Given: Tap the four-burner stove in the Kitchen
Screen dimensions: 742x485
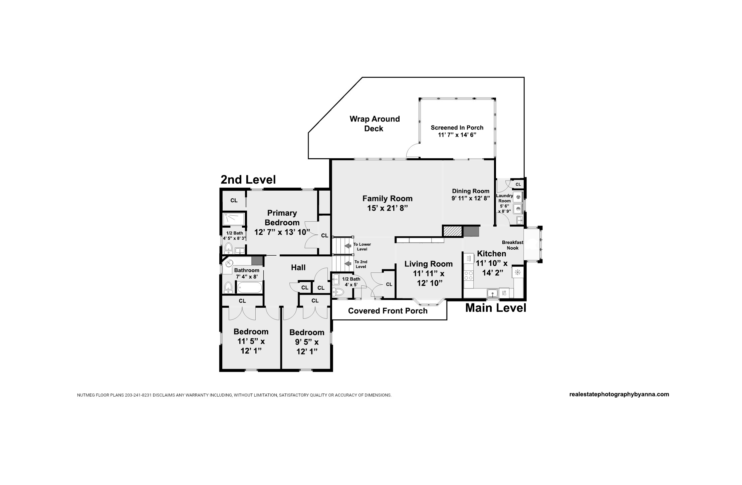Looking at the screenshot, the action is (469, 275).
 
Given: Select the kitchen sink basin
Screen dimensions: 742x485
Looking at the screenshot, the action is (492, 293).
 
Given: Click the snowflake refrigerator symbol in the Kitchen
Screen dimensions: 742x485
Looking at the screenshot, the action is (518, 272).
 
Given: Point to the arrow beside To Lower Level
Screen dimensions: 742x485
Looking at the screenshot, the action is (348, 246).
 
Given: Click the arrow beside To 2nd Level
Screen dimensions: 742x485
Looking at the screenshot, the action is (348, 264).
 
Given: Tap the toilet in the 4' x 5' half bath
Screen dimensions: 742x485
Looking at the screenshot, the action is (338, 292).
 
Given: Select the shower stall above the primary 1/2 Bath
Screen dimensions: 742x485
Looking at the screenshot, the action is (234, 219).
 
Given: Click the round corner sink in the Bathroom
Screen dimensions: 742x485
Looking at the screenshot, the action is (229, 263).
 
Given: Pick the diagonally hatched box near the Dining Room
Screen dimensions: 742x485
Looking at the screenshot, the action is (453, 231).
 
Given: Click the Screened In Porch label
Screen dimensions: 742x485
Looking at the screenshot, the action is (457, 128).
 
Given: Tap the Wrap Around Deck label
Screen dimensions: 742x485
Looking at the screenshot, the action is (375, 124).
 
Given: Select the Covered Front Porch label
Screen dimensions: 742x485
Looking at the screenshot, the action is (388, 311).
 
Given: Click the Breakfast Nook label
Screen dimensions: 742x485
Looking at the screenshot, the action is (513, 245).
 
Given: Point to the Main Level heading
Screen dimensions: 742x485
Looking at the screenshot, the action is (496, 308).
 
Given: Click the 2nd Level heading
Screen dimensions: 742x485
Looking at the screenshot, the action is (248, 180).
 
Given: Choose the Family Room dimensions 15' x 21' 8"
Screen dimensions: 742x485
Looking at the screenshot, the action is (388, 208).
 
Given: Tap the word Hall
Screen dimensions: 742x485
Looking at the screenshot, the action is (298, 267).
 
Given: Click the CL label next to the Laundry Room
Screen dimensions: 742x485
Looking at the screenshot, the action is (518, 184).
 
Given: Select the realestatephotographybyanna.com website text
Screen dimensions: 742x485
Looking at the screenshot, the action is (619, 394).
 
